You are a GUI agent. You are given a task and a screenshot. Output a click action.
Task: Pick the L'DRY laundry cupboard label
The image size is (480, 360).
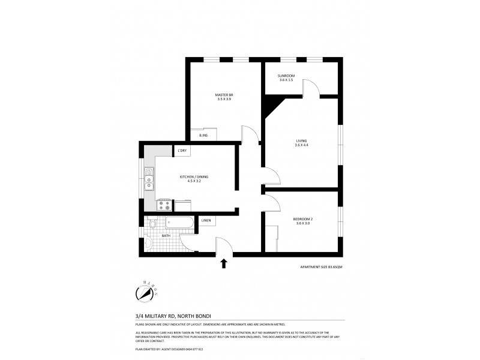tap(182, 150)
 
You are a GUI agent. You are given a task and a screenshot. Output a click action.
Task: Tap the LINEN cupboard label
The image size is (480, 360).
tap(206, 221)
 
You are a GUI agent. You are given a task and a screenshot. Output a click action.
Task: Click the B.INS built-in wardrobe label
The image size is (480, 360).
tap(204, 136)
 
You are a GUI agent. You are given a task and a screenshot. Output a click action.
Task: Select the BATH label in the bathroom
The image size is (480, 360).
tap(165, 236)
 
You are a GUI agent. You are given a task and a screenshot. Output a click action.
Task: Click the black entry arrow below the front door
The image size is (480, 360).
tap(224, 263)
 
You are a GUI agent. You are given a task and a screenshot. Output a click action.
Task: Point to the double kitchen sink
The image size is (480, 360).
tap(149, 182)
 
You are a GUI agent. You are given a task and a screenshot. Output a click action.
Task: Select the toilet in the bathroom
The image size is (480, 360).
tap(152, 225)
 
